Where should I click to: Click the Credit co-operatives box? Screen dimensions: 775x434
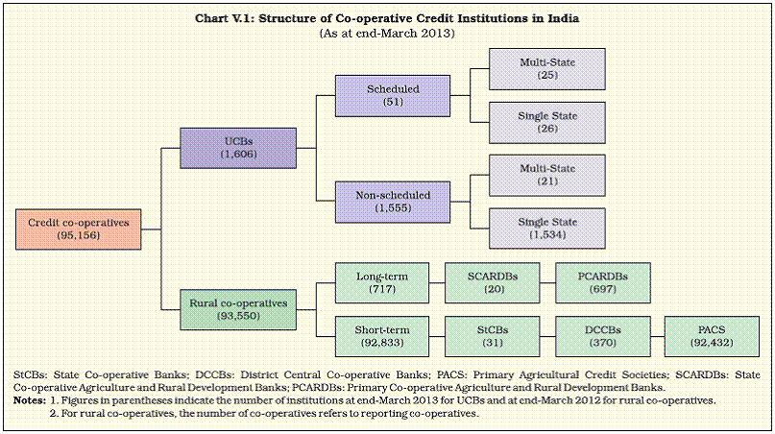coord(78,229)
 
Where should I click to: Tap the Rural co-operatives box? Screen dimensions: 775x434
coord(238,309)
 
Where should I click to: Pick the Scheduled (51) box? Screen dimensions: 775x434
coord(393,95)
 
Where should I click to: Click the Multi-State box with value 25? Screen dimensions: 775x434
coord(547,69)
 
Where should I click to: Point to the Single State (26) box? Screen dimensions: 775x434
coord(547,123)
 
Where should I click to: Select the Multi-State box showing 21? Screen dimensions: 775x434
coord(547,175)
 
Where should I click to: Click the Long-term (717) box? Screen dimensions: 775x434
coord(382,282)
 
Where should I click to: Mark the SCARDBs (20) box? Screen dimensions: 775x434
coord(493,282)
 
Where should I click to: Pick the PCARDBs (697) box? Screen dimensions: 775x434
coord(603,282)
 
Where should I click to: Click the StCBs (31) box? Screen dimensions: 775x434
coord(493,336)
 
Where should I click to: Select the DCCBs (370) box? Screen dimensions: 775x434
coord(603,336)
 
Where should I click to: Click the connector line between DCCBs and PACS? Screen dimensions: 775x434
coord(658,337)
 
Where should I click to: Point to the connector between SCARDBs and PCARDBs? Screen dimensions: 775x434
coord(547,283)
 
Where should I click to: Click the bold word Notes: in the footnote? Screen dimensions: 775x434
coord(29,400)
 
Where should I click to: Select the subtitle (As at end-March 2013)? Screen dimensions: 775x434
coord(387,33)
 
